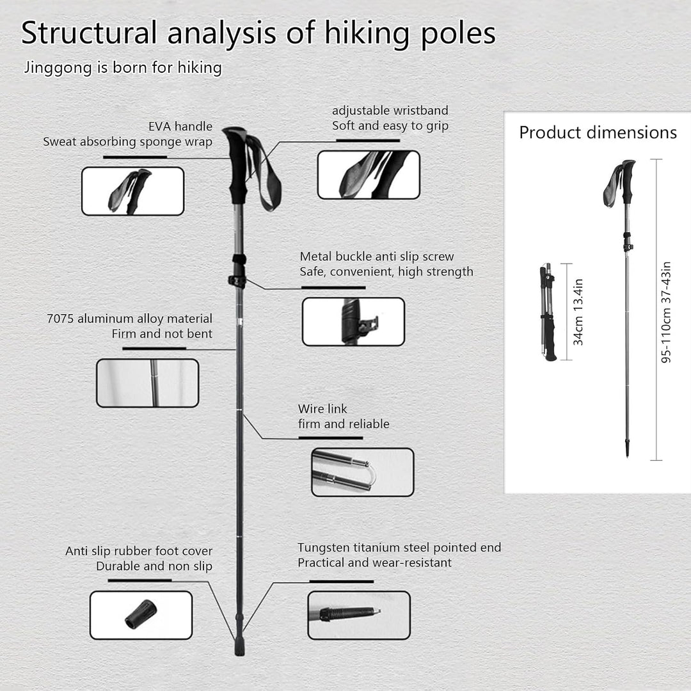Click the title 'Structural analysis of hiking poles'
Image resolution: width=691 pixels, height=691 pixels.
pyautogui.click(x=258, y=34)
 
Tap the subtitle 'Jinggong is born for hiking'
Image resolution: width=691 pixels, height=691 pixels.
pyautogui.click(x=123, y=68)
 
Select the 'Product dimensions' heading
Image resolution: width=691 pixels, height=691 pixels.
pyautogui.click(x=598, y=132)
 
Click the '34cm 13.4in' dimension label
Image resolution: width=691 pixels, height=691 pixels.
pyautogui.click(x=578, y=312)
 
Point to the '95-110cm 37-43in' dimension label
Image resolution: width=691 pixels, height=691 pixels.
pyautogui.click(x=666, y=312)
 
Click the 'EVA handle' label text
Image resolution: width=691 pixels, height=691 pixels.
pyautogui.click(x=180, y=127)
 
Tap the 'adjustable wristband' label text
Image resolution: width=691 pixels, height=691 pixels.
pyautogui.click(x=390, y=110)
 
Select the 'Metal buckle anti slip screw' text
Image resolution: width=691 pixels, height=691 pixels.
pyautogui.click(x=377, y=257)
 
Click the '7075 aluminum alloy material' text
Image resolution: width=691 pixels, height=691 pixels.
pyautogui.click(x=129, y=318)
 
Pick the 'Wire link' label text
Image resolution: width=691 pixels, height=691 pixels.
pyautogui.click(x=322, y=408)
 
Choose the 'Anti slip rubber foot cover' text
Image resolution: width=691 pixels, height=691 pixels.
pyautogui.click(x=139, y=551)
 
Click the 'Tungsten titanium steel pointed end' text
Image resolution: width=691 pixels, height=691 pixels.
pyautogui.click(x=399, y=547)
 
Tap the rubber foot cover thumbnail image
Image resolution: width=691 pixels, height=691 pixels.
pyautogui.click(x=141, y=616)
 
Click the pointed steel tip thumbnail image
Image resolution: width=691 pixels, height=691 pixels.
pyautogui.click(x=359, y=616)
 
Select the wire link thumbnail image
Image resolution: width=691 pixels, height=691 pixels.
pyautogui.click(x=363, y=472)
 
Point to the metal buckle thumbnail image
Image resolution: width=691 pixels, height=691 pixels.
pyautogui.click(x=353, y=322)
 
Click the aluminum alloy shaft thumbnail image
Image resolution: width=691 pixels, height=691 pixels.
pyautogui.click(x=148, y=383)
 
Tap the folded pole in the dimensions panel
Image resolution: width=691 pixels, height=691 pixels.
pyautogui.click(x=548, y=312)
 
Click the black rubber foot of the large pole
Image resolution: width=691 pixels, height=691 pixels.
pyautogui.click(x=239, y=645)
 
